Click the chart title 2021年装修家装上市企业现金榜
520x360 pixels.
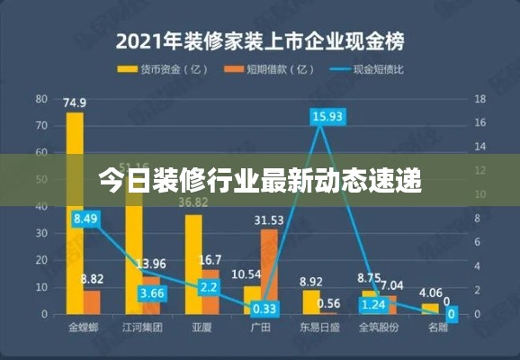pos(259,40)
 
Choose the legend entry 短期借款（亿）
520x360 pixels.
pos(269,68)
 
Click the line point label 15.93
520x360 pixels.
pos(327,116)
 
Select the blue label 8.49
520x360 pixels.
pos(87,219)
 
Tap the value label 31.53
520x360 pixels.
pos(269,220)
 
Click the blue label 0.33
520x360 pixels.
pos(266,308)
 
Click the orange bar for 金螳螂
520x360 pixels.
pos(92,302)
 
